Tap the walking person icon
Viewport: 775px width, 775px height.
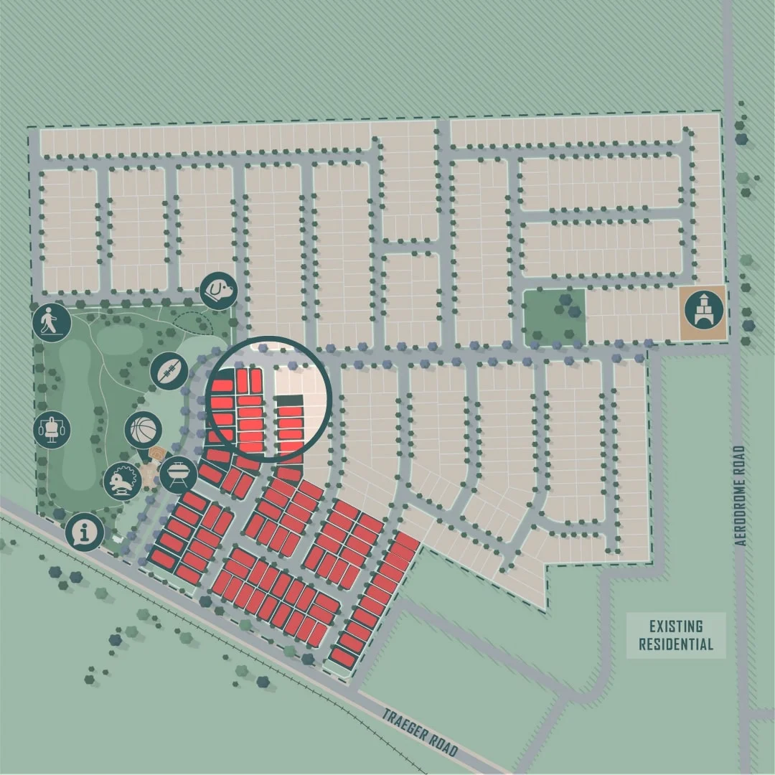(x=51, y=321)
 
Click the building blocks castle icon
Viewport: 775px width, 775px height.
(x=702, y=311)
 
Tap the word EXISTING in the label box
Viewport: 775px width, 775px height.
(x=676, y=627)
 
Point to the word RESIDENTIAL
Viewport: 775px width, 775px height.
(x=676, y=644)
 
